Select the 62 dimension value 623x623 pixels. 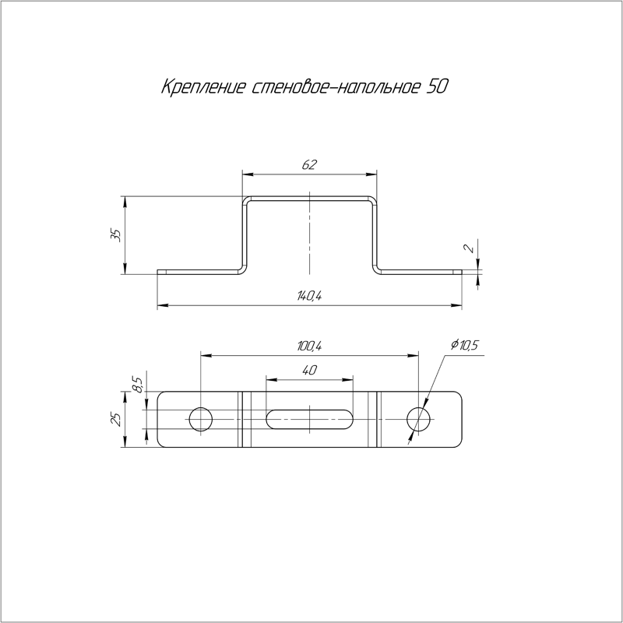(309, 164)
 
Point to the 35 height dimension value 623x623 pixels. (115, 235)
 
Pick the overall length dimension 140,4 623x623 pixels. (308, 296)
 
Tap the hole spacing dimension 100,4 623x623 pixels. (309, 346)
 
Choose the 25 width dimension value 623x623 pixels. (115, 419)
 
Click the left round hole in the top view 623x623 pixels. (201, 419)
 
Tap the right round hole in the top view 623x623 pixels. (419, 419)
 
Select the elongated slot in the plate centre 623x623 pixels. (309, 419)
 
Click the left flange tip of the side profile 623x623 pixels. (160, 272)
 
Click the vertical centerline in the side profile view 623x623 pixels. (309, 234)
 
